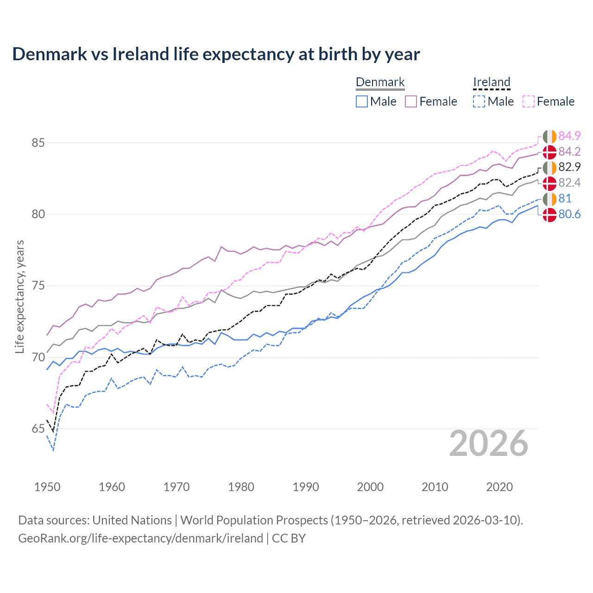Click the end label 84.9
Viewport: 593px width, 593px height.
(569, 136)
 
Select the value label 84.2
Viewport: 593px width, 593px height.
(569, 151)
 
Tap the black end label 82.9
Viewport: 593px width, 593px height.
(569, 167)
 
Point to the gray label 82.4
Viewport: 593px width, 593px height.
(569, 183)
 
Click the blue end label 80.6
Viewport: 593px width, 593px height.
(569, 214)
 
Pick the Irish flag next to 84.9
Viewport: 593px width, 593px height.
(549, 137)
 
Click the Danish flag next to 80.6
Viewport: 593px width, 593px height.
(549, 215)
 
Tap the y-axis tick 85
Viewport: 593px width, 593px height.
(38, 143)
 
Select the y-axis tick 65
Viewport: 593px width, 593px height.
(38, 429)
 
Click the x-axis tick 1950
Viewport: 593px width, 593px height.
(47, 487)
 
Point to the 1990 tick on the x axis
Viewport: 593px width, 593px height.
(306, 487)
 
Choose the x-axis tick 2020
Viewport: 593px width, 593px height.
(499, 487)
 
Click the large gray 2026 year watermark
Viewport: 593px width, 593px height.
(488, 444)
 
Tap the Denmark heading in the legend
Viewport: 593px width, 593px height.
(380, 82)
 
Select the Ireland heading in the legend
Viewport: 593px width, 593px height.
(492, 82)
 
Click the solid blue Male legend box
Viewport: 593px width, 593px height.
(362, 101)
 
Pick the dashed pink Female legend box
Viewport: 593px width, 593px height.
(529, 101)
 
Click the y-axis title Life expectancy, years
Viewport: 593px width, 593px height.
(19, 296)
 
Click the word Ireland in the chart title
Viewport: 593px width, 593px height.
(141, 54)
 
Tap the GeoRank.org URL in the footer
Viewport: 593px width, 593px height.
(140, 538)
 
